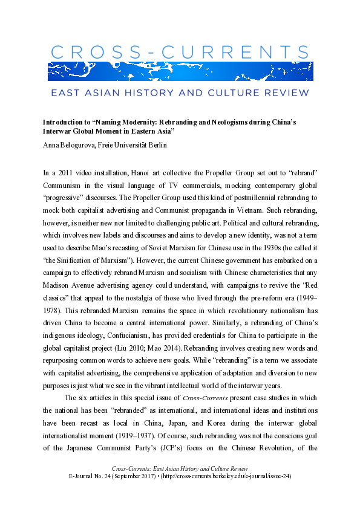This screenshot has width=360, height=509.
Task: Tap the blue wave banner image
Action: point(180,71)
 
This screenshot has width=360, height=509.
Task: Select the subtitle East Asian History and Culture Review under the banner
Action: point(180,93)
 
